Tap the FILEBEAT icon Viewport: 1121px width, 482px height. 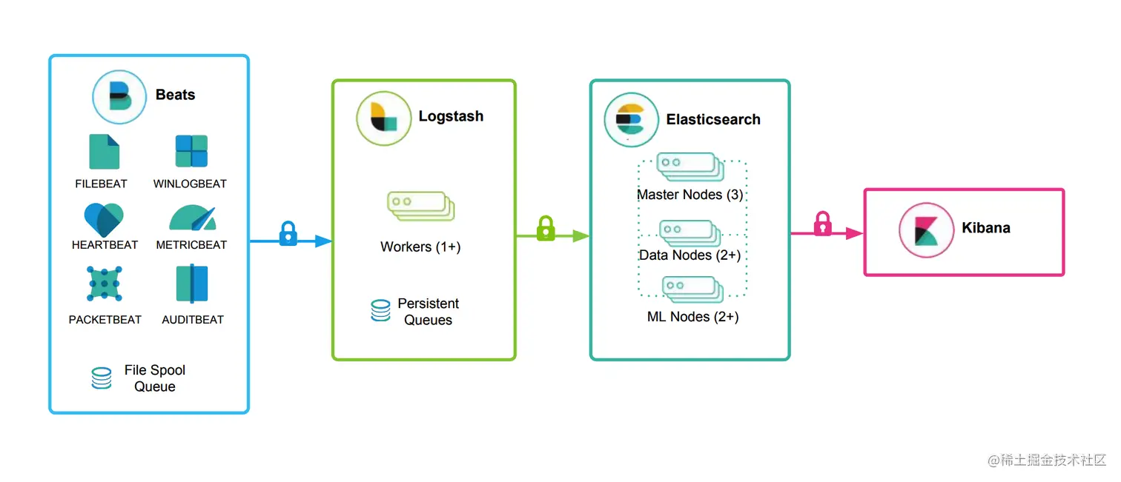tap(104, 152)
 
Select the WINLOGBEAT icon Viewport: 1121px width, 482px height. tap(191, 151)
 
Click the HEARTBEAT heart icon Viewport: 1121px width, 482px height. tap(104, 218)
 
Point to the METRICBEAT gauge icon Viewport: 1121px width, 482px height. tap(192, 218)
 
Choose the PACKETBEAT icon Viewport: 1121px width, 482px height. tap(105, 284)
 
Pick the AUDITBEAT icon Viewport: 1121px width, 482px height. tap(192, 284)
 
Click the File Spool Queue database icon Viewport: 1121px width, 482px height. tap(102, 378)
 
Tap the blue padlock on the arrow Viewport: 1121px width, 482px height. tap(288, 233)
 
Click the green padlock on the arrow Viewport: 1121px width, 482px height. tap(546, 228)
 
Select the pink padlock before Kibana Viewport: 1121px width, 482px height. tap(823, 224)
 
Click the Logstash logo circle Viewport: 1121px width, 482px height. tap(383, 118)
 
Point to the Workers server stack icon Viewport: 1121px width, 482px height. tap(420, 206)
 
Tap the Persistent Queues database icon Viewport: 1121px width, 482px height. tap(380, 311)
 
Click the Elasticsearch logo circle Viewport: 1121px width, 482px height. tap(631, 120)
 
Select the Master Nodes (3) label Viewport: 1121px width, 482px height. tap(690, 195)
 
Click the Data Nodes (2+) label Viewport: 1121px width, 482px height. tap(690, 255)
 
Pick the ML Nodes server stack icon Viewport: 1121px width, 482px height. tap(692, 289)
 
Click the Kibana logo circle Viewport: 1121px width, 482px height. tap(926, 230)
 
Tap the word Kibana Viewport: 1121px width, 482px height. tap(986, 227)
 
